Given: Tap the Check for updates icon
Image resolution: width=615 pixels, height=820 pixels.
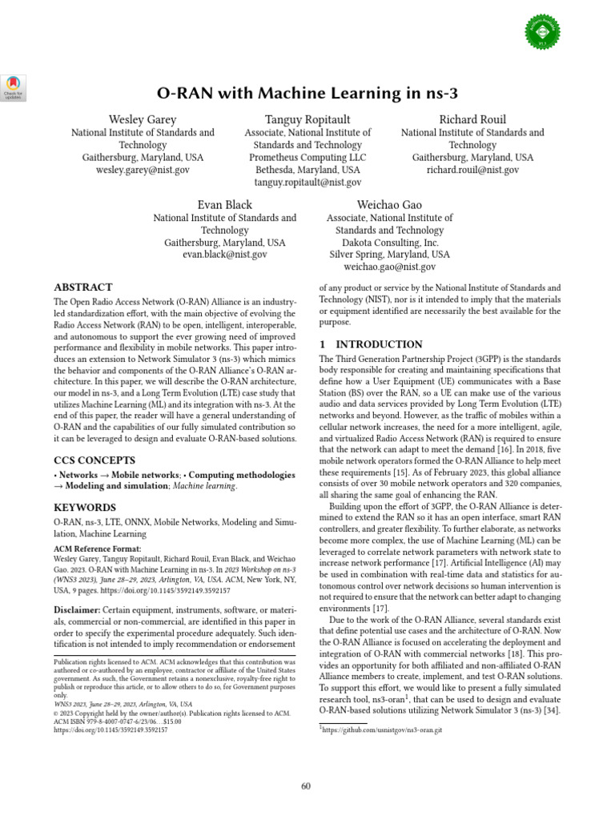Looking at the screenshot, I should point(14,86).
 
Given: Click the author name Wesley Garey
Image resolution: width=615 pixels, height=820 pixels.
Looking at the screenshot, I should point(143,119).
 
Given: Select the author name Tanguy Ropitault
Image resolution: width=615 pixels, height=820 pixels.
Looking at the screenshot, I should point(307,119).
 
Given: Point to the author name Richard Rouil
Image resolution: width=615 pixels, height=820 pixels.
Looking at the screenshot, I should point(472,119).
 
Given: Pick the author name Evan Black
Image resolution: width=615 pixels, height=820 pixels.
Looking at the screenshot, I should point(224,204).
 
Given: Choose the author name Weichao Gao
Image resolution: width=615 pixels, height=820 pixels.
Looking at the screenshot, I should point(390,204).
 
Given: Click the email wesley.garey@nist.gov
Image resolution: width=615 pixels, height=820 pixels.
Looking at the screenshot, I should point(143,171).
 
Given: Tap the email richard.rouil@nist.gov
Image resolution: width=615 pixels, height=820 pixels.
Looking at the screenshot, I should point(472,171).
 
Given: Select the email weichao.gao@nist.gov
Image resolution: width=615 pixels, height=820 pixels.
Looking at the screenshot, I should point(390,267).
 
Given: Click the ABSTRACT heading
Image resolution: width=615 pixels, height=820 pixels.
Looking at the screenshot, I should point(83,287).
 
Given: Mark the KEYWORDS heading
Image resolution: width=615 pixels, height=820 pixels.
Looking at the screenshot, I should point(85,508).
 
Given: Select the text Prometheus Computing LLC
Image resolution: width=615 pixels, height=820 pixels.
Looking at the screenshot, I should point(307,158).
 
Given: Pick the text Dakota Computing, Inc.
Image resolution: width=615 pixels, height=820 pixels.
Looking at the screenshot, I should point(390,243).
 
